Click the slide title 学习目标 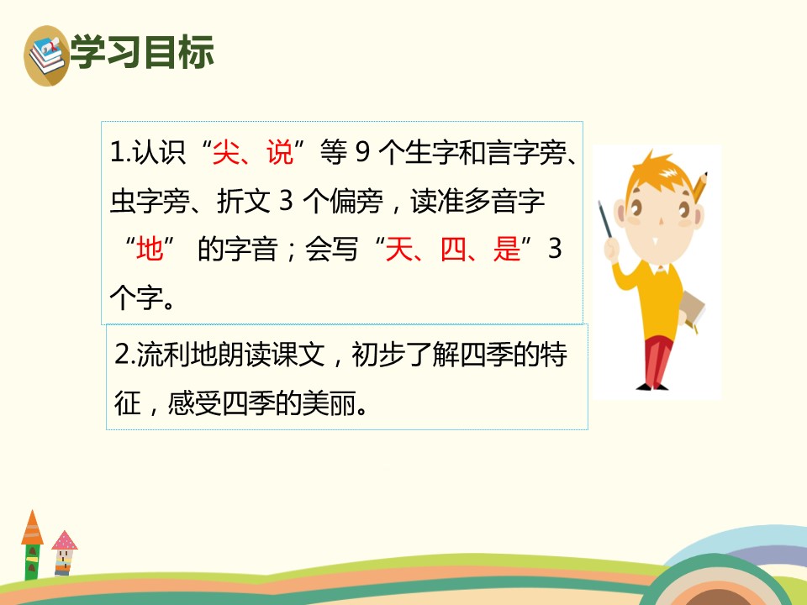[x=143, y=52]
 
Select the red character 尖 [x=226, y=154]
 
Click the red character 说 [x=278, y=154]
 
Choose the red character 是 [x=508, y=250]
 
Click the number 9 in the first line [x=362, y=154]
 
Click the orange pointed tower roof [x=32, y=527]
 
